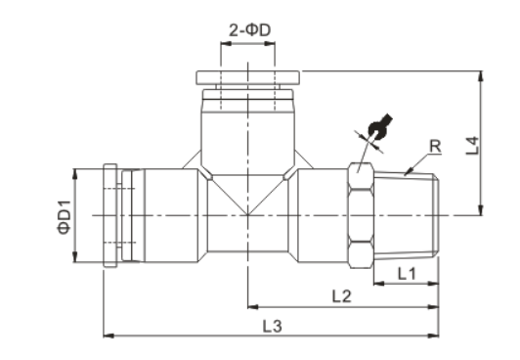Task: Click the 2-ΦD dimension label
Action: pos(249,30)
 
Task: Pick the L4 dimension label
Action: pos(470,148)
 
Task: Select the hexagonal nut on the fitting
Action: pos(362,214)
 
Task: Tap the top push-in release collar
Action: pos(248,77)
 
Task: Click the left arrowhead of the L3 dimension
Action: pos(108,336)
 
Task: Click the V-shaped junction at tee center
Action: pos(248,201)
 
